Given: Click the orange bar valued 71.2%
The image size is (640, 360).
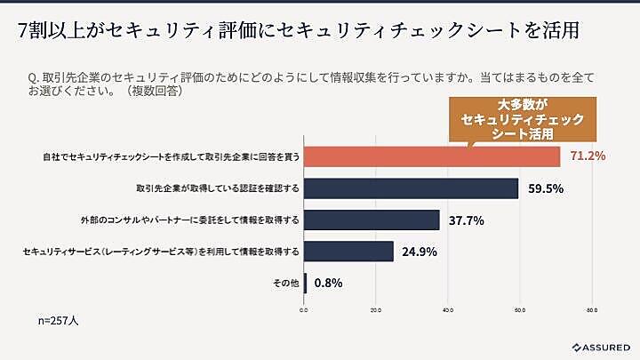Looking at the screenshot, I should point(433,156).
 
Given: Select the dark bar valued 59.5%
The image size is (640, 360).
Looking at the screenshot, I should point(412,188).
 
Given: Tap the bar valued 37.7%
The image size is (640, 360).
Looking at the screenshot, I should point(372,220).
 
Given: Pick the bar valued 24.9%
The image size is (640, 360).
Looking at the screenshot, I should point(349,252).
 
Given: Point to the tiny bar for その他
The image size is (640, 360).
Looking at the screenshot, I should point(306,284).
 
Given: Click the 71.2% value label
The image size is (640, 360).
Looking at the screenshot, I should point(588,156).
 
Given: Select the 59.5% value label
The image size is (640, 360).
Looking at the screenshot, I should point(545,188).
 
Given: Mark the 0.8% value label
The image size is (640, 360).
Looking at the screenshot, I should point(326,284).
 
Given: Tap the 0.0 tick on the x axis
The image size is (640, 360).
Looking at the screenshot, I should point(304,311).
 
